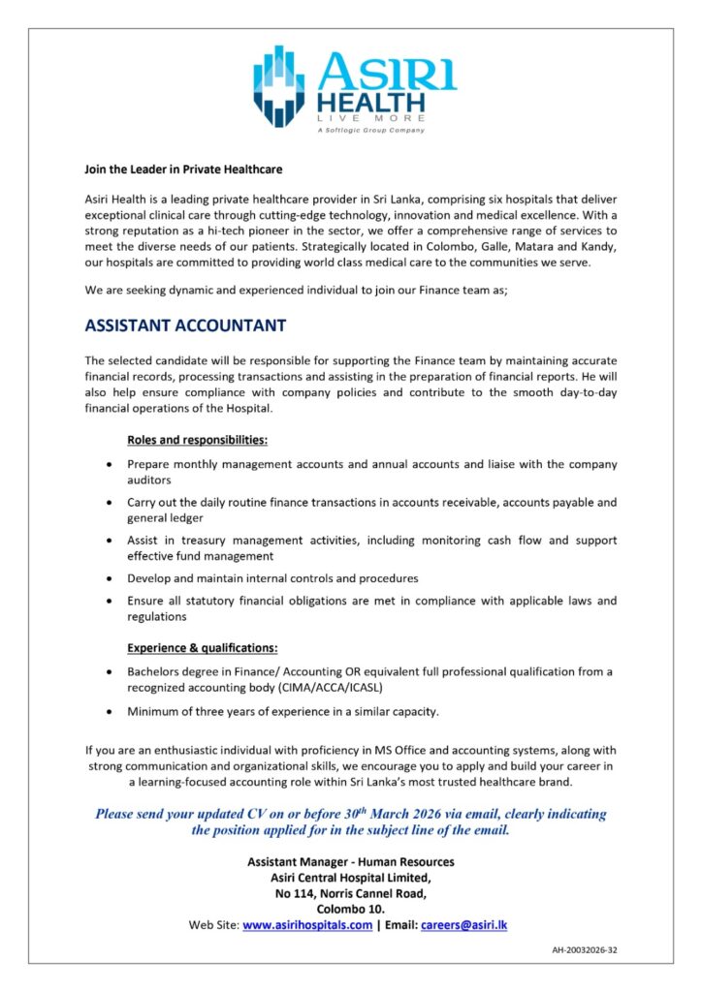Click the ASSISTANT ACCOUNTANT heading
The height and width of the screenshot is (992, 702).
[185, 325]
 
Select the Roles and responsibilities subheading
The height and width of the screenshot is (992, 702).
[198, 440]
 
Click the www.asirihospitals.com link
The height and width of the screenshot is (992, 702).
[307, 925]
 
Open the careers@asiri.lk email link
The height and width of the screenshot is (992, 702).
[463, 925]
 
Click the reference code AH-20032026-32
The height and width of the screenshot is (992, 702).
[579, 950]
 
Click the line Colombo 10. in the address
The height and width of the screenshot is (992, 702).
[351, 909]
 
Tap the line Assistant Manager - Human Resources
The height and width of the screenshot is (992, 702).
[351, 861]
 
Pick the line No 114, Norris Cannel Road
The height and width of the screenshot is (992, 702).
[351, 893]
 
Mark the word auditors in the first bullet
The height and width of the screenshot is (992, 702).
[149, 480]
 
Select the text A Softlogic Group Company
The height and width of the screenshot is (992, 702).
[370, 130]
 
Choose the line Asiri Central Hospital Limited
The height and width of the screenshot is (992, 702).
[351, 878]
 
